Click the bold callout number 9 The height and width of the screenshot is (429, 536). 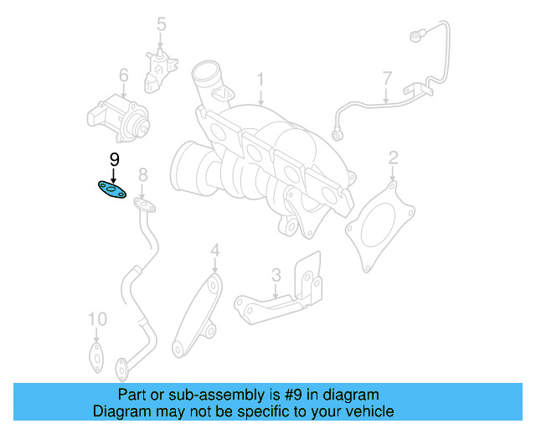(115, 159)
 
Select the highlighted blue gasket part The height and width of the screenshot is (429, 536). (111, 190)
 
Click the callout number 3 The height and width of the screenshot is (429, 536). (276, 274)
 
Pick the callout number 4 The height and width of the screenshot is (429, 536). (214, 251)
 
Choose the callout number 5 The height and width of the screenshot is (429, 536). (161, 25)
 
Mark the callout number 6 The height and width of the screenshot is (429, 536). (123, 77)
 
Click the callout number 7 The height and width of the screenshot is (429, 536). (387, 80)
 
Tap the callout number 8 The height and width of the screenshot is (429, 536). (142, 174)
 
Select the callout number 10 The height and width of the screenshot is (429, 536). (98, 319)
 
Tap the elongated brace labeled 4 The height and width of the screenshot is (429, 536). (198, 310)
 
